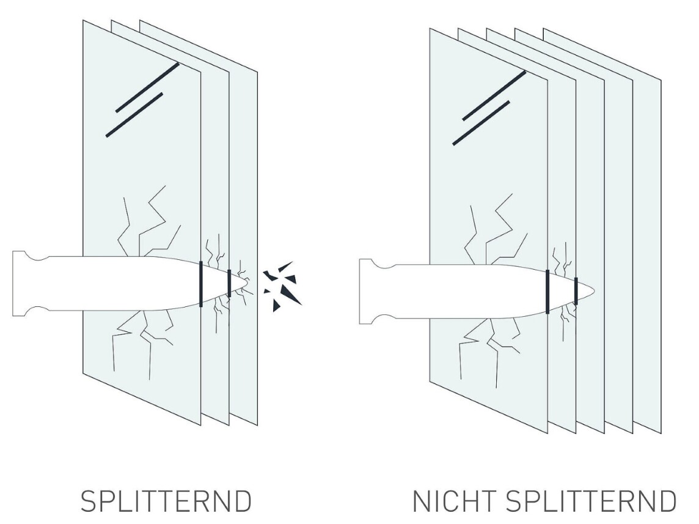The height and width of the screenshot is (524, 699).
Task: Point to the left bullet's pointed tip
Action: [248, 283]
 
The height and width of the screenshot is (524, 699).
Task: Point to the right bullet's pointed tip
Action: [595, 290]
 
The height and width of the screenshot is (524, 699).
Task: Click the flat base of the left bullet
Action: [13, 284]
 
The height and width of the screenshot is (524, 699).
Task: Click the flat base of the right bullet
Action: [360, 291]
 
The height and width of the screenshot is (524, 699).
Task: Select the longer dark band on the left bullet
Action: [200, 284]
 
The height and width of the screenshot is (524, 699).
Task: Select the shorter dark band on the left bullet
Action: [229, 283]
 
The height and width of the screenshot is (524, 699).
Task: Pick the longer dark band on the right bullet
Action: [547, 291]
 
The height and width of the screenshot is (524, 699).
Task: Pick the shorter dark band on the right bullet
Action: [576, 291]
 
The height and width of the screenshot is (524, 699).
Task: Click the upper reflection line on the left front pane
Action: [147, 87]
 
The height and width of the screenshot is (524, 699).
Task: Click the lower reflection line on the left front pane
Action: [134, 114]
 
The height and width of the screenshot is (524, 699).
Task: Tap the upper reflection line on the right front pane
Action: [494, 95]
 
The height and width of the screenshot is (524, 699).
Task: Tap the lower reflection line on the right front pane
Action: [481, 123]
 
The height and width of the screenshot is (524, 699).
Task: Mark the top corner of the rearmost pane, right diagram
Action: [544, 29]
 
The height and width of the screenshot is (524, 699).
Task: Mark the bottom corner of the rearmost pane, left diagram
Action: [257, 426]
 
